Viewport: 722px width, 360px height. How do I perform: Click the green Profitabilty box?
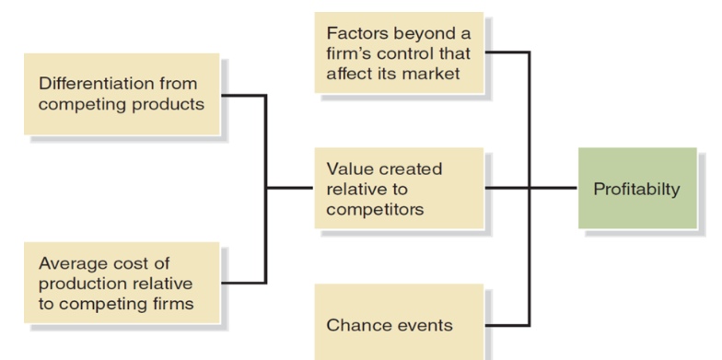coord(636,189)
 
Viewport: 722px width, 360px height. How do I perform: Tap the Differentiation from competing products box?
coord(122,94)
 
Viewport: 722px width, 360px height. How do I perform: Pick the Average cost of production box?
coord(122,284)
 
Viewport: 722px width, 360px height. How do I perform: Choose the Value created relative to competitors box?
coord(398,190)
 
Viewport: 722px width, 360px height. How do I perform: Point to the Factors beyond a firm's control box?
coord(398,53)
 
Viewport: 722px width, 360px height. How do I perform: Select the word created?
coord(406,169)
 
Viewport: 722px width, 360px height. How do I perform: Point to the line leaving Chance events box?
coord(507,324)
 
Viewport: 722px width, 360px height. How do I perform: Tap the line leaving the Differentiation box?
coord(243,95)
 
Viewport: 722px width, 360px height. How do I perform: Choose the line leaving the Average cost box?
coord(243,282)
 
